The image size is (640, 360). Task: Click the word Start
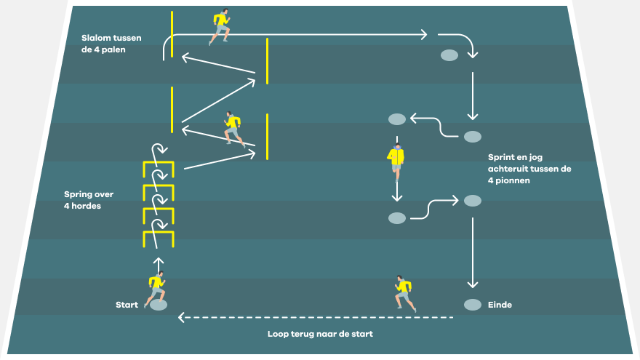(127, 305)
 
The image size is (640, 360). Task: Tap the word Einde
(500, 305)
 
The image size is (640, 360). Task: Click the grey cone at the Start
(159, 305)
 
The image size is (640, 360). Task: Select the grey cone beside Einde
(473, 305)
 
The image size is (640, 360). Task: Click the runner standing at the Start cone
(156, 289)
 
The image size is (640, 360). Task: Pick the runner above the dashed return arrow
(405, 294)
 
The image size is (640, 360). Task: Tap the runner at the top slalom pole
(219, 26)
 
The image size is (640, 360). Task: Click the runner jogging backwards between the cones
(396, 162)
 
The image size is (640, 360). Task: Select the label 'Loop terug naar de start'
(321, 334)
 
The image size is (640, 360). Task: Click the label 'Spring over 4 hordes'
(89, 200)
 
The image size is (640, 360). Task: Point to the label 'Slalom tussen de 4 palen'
(111, 44)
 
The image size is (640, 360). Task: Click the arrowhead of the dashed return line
(182, 317)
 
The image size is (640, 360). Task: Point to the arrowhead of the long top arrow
(424, 35)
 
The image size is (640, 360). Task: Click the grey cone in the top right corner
(449, 55)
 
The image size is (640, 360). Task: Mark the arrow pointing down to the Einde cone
(473, 253)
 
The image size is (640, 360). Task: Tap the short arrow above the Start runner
(159, 265)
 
